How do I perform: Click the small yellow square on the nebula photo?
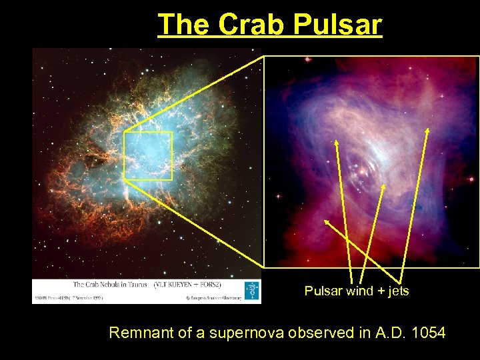[x=148, y=156]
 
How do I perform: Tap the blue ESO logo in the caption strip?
[x=253, y=290]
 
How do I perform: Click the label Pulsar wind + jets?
[x=357, y=291]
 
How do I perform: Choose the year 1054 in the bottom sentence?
[x=429, y=332]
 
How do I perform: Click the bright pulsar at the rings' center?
[x=361, y=172]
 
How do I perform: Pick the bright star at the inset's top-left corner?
[x=307, y=60]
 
